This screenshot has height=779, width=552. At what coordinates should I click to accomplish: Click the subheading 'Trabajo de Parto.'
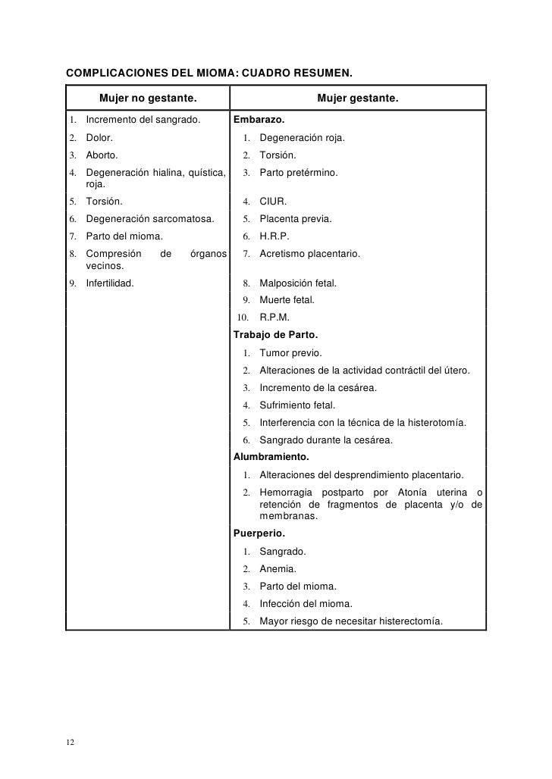coord(275,335)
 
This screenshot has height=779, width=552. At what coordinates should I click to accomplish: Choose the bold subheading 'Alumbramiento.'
coord(271,458)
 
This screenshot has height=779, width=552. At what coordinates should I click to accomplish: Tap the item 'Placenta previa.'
coord(295,219)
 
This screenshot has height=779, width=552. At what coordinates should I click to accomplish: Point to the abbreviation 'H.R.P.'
coord(274,236)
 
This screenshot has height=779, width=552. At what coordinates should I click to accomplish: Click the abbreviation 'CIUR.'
coord(273,202)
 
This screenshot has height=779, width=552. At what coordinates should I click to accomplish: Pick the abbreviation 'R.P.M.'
coord(274,318)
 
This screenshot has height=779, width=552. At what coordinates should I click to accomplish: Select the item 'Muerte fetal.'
coord(287,300)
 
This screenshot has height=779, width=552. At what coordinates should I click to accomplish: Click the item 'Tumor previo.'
coord(290,353)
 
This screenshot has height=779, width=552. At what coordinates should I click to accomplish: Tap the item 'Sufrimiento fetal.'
coord(297,405)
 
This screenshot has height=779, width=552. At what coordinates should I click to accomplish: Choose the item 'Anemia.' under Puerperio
coord(278,568)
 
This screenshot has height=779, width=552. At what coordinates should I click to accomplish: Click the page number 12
coord(70,742)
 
